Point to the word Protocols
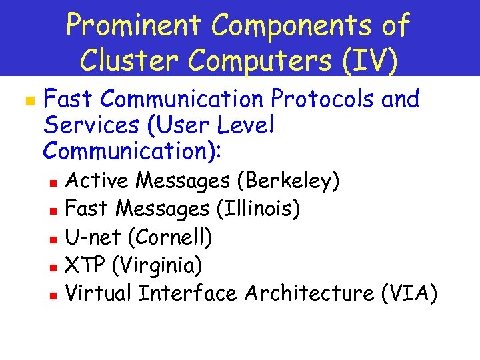coord(323,99)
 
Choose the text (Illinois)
coord(258,209)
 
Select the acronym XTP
coord(86,266)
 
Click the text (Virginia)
coord(157,266)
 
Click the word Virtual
coord(99,294)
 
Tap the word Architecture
coord(308,294)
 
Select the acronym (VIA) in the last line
coord(410,294)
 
